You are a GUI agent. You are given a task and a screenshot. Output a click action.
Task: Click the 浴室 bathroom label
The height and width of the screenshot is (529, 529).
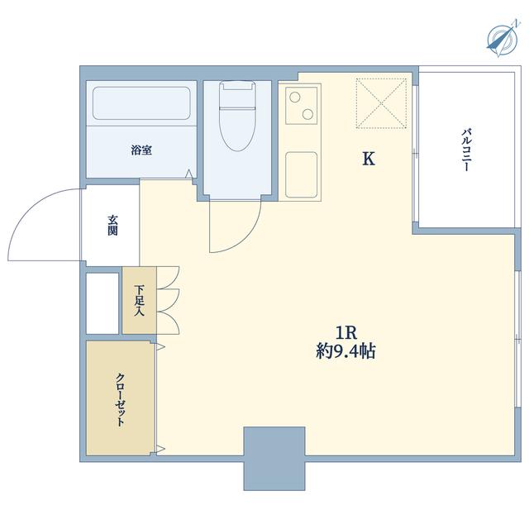pyautogui.click(x=141, y=150)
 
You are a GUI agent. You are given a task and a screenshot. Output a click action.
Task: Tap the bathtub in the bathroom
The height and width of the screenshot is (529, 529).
pyautogui.click(x=141, y=103)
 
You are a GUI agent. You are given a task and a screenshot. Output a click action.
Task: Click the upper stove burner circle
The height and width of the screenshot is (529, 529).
pyautogui.click(x=295, y=98)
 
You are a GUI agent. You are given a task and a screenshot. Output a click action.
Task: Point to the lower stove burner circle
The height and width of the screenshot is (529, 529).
pyautogui.click(x=307, y=114)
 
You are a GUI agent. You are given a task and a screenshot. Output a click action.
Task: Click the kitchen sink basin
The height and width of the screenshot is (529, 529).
pyautogui.click(x=301, y=174)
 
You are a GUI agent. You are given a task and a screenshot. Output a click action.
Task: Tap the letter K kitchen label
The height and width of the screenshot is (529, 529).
pyautogui.click(x=369, y=159)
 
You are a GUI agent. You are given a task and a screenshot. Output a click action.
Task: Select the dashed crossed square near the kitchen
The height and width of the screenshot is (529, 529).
pyautogui.click(x=381, y=103)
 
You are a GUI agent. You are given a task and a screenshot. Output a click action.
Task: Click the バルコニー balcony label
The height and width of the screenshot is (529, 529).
pyautogui.click(x=466, y=150)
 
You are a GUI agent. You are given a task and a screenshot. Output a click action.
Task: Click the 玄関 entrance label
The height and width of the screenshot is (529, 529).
pyautogui.click(x=112, y=225)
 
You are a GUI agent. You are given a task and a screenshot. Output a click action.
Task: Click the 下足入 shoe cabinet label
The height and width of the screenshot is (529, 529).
pyautogui.click(x=139, y=300)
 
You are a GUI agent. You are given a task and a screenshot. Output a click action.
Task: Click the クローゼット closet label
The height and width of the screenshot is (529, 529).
pyautogui.click(x=120, y=400)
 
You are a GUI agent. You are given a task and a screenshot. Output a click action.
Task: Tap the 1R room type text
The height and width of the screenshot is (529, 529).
pyautogui.click(x=346, y=333)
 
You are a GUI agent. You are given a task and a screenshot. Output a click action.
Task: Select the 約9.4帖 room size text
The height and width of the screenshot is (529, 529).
pyautogui.click(x=346, y=351)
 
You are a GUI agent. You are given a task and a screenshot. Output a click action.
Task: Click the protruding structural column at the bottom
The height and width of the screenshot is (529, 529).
pyautogui.click(x=274, y=459)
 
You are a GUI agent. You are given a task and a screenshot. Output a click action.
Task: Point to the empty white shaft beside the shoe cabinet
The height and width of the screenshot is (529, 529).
pyautogui.click(x=102, y=303)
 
